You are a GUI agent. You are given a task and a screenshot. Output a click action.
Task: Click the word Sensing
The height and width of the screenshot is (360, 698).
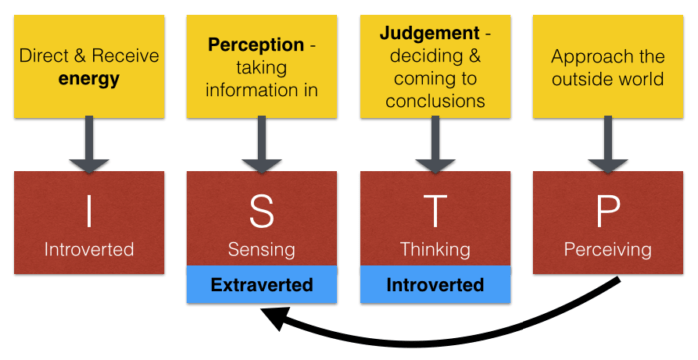261,249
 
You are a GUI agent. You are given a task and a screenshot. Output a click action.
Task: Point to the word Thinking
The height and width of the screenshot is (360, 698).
435,249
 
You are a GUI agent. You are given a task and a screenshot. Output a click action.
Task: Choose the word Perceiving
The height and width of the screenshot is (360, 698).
608,249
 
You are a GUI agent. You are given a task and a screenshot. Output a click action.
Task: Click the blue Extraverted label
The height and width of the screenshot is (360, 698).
261,286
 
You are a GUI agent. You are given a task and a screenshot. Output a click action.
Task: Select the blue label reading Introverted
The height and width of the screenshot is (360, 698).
435,286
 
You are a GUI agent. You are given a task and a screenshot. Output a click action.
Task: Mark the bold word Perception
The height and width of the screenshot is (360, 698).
254,45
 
